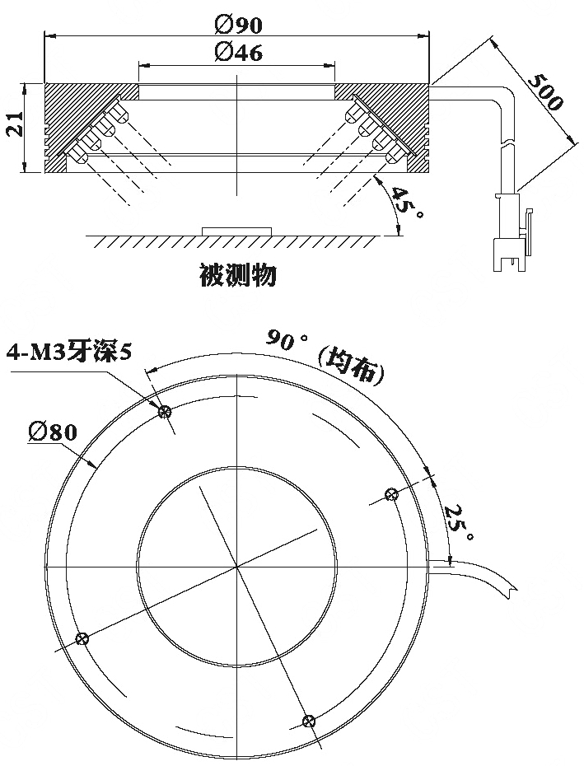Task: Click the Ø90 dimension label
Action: [x=238, y=25]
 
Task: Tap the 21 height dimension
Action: [x=15, y=125]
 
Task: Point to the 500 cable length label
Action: [x=546, y=92]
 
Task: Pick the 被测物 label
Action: [x=239, y=275]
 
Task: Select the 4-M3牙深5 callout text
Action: [x=69, y=353]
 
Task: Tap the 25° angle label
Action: [x=459, y=523]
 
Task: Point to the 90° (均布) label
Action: [x=325, y=355]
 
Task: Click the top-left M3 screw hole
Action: [x=166, y=412]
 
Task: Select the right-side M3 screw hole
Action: [x=391, y=494]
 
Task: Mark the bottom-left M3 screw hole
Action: [x=82, y=638]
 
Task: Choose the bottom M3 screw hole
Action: [x=309, y=721]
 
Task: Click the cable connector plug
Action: [x=512, y=232]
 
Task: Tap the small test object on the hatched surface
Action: [x=237, y=231]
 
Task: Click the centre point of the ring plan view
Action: [x=237, y=567]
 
